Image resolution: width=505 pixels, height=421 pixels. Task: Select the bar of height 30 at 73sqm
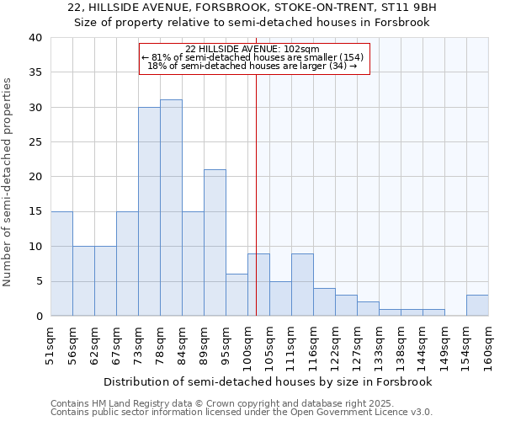(149, 211)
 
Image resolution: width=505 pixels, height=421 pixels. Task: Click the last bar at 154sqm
(477, 306)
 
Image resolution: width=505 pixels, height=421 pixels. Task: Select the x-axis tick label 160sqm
(489, 344)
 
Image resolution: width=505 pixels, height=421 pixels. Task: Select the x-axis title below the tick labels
(269, 381)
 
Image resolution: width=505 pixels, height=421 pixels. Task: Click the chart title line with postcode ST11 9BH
(252, 8)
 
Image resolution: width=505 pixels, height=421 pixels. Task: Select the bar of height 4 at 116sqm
(324, 302)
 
